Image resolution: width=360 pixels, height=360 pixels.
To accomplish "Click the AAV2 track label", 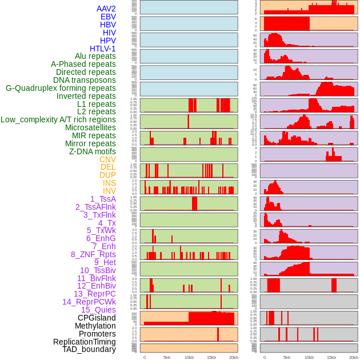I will (106, 9).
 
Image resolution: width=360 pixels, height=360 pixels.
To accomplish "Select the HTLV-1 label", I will (103, 49).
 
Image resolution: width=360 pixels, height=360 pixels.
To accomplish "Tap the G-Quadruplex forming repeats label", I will (61, 88).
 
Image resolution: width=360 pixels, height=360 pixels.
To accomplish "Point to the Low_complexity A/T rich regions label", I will (58, 119).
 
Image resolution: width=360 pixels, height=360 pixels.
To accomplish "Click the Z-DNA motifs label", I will (93, 151).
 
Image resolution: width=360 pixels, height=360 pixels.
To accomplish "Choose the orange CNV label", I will (107, 159).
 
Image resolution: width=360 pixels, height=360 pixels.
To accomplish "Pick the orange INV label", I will (109, 191).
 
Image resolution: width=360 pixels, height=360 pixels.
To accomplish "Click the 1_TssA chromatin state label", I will (103, 199).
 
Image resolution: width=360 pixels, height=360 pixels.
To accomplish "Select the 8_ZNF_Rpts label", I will (93, 254).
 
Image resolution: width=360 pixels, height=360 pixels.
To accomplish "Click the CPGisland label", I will (97, 318).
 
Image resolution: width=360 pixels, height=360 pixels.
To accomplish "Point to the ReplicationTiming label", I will (85, 342).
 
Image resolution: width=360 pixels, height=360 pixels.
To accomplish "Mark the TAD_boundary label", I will (89, 349).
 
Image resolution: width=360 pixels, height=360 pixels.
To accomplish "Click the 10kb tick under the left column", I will (189, 357).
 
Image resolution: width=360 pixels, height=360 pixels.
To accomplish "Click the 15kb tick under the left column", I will (211, 357).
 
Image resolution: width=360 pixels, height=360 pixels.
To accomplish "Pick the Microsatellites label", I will (90, 127).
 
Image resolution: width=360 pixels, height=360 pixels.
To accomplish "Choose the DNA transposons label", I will (85, 80).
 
